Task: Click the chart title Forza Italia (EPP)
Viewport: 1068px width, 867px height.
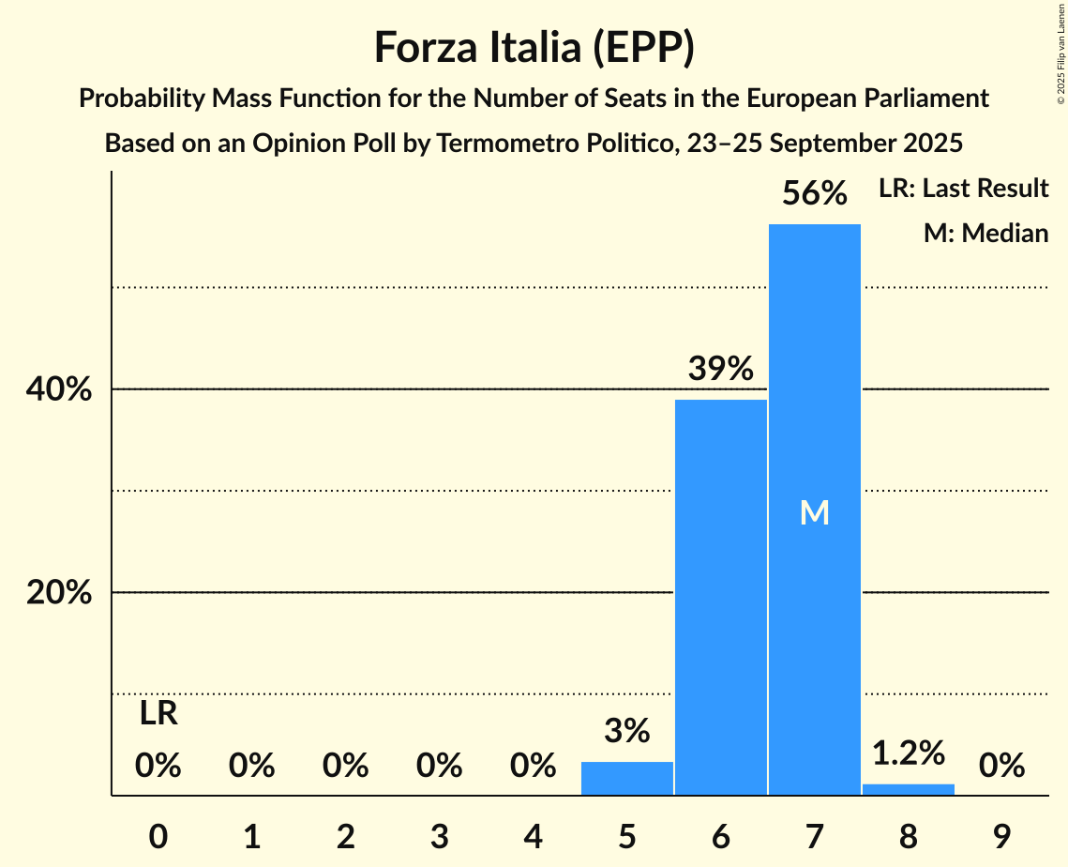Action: [534, 47]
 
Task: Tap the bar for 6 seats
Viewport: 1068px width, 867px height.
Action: [720, 601]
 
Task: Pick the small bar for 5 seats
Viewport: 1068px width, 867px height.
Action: [627, 779]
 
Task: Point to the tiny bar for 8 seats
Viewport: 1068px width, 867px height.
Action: [908, 789]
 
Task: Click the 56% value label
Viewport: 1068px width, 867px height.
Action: [814, 194]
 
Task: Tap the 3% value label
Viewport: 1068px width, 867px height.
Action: [627, 730]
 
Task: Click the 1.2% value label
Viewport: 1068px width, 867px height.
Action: [908, 752]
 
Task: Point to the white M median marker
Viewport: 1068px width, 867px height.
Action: [814, 512]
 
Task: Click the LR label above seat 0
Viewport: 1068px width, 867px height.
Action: [158, 714]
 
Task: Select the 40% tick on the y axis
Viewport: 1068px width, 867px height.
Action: [59, 389]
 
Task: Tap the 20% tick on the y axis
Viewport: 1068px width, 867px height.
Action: [59, 593]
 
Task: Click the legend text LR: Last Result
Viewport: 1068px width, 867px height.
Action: [963, 189]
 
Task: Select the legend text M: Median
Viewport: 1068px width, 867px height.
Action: [985, 233]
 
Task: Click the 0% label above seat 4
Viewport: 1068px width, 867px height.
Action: [534, 767]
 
